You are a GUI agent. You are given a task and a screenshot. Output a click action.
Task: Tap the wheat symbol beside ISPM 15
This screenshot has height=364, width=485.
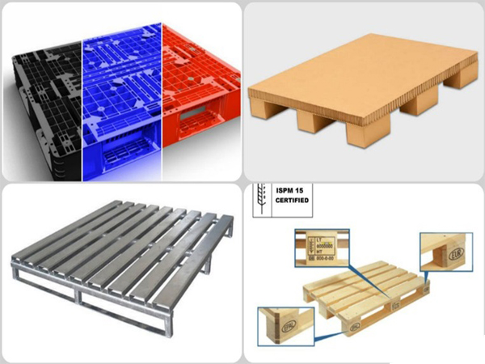pyautogui.click(x=260, y=201)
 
